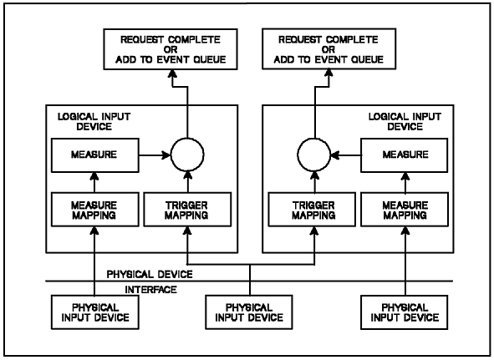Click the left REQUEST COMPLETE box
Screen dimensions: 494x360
[x=171, y=49]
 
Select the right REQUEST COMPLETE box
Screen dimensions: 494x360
[x=328, y=49]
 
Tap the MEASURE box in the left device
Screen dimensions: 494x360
[x=95, y=155]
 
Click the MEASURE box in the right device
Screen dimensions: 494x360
[x=405, y=155]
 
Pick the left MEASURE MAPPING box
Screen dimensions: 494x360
[x=95, y=210]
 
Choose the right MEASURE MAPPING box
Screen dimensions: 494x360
[x=405, y=210]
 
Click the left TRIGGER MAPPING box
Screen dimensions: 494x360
[x=187, y=210]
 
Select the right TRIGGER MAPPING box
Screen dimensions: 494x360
[x=312, y=210]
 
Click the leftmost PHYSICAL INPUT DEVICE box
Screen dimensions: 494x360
[x=95, y=312]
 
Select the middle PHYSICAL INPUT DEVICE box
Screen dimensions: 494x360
[x=249, y=312]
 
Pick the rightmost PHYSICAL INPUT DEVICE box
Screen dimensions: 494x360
[x=405, y=312]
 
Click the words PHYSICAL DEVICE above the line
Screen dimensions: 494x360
[x=150, y=274]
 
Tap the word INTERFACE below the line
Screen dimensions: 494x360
[x=151, y=290]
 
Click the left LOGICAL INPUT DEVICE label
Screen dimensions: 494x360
[x=94, y=122]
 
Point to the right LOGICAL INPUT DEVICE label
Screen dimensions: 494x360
[x=405, y=122]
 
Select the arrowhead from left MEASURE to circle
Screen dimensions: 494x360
[x=166, y=155]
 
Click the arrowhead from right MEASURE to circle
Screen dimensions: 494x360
[x=335, y=155]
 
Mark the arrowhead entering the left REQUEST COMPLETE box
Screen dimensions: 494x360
[x=172, y=74]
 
